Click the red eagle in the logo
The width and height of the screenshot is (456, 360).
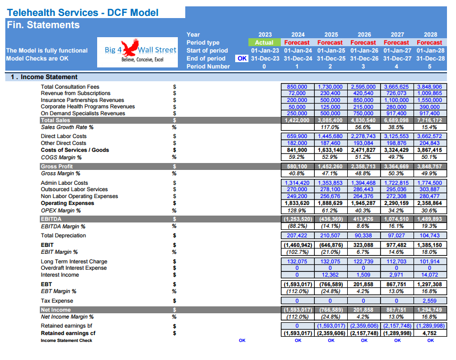coord(130,48)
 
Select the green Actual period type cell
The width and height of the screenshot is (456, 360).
coord(264,42)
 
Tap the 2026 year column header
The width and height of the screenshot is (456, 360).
coord(364,35)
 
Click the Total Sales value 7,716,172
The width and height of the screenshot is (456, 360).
coord(429,120)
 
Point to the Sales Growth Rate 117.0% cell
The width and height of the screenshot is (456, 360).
coord(330,127)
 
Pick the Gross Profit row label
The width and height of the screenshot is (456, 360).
coord(57,166)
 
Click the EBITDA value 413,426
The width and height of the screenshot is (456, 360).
coord(363,219)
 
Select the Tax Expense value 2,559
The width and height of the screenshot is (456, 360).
coord(429,301)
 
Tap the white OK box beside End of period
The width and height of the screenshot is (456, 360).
coord(242,58)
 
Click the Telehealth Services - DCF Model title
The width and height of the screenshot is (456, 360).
coord(83,13)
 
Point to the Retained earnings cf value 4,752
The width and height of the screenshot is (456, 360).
coord(429,333)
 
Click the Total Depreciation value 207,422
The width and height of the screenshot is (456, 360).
coord(297,236)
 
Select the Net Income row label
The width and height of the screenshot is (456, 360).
coord(56,310)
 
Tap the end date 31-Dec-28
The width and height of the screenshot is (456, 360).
coord(431,58)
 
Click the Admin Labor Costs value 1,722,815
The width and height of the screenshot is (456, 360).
coord(397,183)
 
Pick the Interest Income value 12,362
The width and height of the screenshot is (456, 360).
coord(330,275)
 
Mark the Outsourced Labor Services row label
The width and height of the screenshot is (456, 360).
coord(74,190)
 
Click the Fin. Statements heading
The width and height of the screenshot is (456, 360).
coord(43,25)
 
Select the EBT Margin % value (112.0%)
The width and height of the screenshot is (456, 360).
coord(297,292)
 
